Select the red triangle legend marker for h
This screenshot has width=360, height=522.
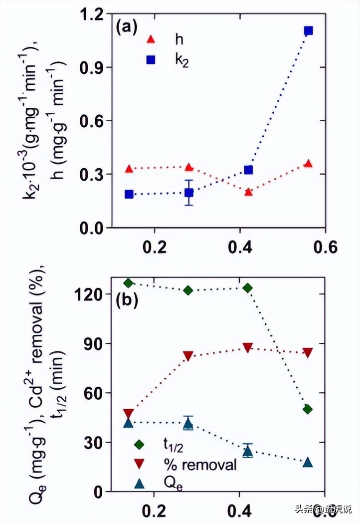tap(152, 39)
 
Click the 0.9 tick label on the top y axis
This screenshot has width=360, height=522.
tap(94, 67)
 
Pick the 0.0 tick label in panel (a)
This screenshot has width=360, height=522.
tap(94, 228)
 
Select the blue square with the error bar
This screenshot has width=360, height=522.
tap(188, 193)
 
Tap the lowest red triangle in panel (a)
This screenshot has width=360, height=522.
tap(248, 192)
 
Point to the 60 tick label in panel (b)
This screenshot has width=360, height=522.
tap(94, 393)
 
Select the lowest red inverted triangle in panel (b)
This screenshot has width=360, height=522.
tap(129, 414)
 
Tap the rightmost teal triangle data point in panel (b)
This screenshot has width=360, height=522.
tap(308, 463)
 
